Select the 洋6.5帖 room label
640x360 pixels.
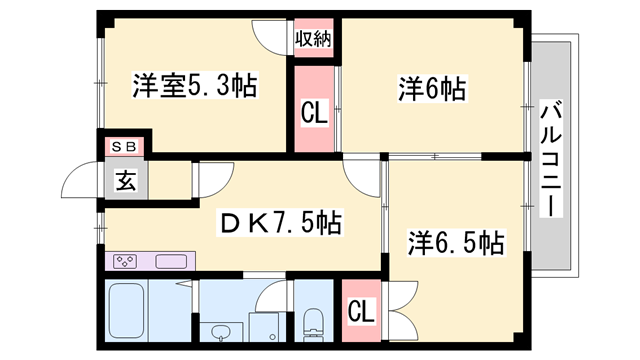tap(454, 242)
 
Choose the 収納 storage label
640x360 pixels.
tap(312, 39)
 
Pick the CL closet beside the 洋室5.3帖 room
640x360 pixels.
tap(314, 112)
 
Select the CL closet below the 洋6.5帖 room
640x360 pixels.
tap(361, 311)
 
